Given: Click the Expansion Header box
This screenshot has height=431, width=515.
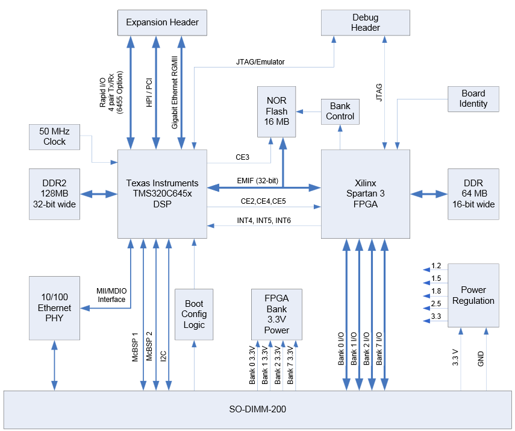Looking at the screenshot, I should tap(162, 23).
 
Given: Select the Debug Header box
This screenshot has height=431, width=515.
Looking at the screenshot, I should tap(366, 23).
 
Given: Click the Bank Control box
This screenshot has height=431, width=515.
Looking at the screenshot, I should tap(340, 111).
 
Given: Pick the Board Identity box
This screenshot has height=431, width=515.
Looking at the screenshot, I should tap(473, 98).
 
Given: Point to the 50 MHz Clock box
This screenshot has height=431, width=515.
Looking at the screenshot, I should tap(55, 137).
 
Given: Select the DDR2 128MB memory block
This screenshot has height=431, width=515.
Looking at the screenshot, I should tap(55, 193).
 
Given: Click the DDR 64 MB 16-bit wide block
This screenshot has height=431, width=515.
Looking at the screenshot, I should tap(473, 193).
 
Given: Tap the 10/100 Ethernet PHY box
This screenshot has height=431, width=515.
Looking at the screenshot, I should tap(55, 308).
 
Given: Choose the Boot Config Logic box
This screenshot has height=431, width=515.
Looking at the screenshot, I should tap(194, 314).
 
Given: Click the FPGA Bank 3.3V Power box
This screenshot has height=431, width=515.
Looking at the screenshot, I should tap(277, 314).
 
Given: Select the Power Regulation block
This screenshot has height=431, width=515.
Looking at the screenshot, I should tap(473, 295).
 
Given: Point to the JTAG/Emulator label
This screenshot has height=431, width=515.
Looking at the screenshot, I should tap(260, 61).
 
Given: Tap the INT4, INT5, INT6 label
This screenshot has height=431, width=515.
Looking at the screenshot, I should tap(263, 221).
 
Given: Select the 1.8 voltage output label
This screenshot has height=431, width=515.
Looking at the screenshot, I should tap(436, 291).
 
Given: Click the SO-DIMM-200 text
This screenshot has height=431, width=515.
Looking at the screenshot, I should tap(257, 409).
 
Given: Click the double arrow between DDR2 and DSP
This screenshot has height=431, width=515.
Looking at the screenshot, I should tap(99, 193).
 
